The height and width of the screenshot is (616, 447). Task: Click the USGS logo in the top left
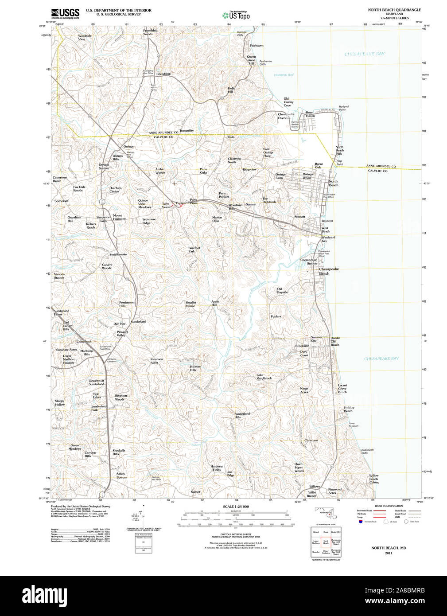65,13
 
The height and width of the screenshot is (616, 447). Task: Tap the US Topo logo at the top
236,16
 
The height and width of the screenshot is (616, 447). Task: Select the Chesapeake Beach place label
329,271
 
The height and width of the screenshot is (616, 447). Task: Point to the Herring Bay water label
284,75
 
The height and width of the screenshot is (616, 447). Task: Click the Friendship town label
163,74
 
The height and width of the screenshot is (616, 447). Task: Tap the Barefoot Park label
194,250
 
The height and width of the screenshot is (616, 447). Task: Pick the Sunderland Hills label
242,415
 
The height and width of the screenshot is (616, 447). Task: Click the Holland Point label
344,108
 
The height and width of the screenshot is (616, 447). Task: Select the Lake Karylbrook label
264,377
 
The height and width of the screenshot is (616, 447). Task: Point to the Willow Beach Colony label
374,479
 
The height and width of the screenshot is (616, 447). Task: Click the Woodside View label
85,37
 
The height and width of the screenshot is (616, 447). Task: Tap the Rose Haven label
310,114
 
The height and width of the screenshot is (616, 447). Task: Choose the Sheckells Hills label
119,452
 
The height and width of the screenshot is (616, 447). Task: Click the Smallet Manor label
190,304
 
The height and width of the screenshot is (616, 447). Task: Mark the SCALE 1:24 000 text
236,507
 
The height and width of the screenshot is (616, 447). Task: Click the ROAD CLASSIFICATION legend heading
389,506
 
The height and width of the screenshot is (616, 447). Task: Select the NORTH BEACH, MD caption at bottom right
389,548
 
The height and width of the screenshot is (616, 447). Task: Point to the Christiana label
311,441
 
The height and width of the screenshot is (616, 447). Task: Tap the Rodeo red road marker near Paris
180,205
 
